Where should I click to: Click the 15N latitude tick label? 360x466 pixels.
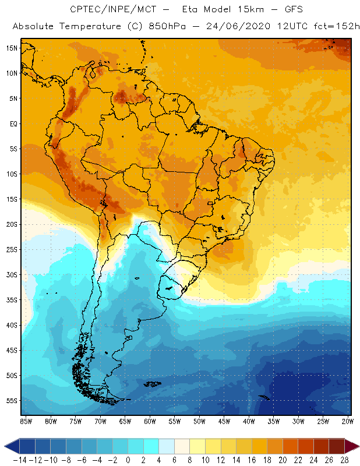[12, 48]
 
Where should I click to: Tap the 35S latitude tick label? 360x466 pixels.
[12, 300]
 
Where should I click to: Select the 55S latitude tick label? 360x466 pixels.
[12, 401]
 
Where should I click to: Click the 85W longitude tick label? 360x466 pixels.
[26, 421]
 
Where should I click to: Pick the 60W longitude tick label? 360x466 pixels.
[150, 421]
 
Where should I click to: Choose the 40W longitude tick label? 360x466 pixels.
[249, 421]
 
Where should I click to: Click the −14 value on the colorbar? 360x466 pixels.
[19, 460]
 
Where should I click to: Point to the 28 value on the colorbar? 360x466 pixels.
[345, 460]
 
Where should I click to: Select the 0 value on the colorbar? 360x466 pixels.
[128, 460]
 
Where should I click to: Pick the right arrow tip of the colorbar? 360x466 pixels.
[357, 446]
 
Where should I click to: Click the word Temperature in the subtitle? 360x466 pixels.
[85, 27]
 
